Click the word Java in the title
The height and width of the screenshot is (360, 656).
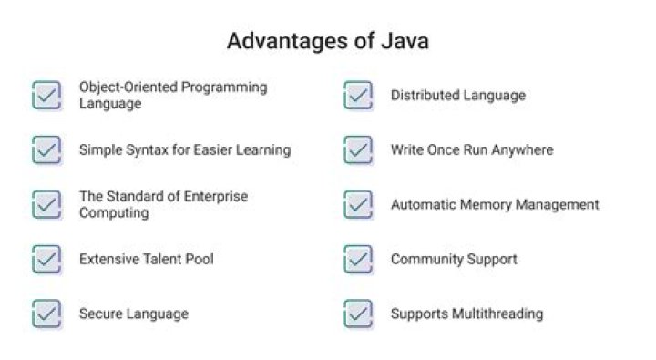(405, 41)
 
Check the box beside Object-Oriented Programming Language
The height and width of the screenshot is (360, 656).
(46, 96)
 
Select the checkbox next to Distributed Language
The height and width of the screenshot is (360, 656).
(358, 96)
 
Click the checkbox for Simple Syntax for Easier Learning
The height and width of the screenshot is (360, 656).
(46, 149)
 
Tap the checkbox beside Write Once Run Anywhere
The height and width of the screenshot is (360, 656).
(358, 149)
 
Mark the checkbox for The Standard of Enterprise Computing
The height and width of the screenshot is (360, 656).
(46, 205)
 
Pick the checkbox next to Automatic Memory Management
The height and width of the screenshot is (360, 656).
(358, 205)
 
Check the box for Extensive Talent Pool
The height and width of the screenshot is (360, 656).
(46, 259)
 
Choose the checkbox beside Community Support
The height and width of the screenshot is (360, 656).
(358, 259)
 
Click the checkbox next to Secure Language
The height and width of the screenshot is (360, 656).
(46, 314)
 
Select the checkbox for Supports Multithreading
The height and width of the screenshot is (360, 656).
(358, 314)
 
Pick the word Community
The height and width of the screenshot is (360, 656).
(426, 260)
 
